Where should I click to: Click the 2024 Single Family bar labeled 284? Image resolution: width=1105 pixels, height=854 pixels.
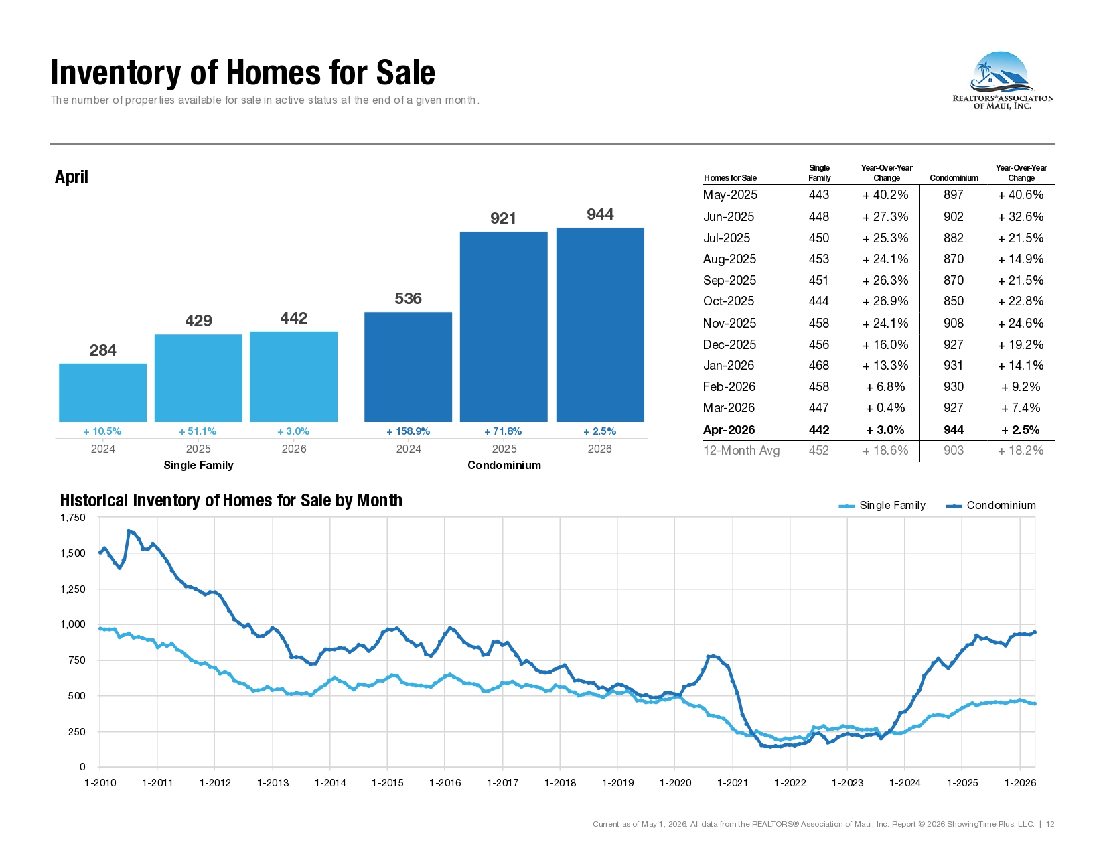[102, 392]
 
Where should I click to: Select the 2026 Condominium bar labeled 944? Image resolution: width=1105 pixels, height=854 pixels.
[600, 324]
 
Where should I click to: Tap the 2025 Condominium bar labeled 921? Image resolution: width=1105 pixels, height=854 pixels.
[504, 327]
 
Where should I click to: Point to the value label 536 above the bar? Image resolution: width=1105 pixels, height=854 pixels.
[409, 299]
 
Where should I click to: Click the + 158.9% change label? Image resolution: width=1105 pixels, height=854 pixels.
[409, 431]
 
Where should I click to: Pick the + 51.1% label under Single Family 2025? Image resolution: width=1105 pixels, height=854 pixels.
[198, 431]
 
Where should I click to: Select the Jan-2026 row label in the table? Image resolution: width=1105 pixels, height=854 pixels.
[728, 366]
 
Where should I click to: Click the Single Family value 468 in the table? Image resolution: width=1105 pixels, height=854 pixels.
[819, 366]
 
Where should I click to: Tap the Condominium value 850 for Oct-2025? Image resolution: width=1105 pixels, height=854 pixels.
[954, 301]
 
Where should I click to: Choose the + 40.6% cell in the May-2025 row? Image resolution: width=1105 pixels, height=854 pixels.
[1021, 195]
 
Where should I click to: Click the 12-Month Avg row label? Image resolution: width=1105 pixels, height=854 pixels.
[741, 451]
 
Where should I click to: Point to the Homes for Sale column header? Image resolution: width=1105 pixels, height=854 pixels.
[730, 178]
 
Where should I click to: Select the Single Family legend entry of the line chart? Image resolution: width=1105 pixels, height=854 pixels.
[882, 505]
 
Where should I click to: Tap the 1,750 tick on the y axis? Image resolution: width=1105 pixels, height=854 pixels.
[73, 518]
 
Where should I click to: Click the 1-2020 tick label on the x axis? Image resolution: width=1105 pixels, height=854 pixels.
[675, 783]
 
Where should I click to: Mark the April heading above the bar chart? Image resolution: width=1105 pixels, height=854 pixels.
[71, 177]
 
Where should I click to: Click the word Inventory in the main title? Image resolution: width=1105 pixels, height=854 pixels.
[116, 72]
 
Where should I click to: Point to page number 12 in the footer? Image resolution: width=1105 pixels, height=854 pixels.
[1049, 824]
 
